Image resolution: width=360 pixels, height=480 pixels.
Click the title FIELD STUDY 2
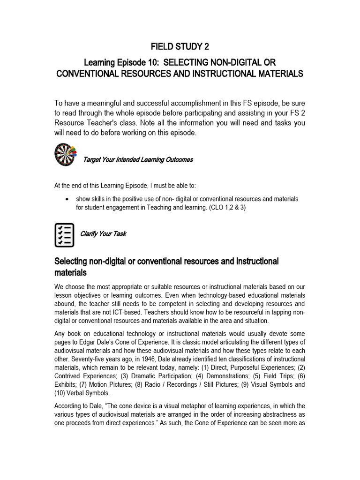180,47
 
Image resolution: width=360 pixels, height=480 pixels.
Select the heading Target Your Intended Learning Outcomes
138,160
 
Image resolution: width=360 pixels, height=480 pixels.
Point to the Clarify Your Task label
103,233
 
